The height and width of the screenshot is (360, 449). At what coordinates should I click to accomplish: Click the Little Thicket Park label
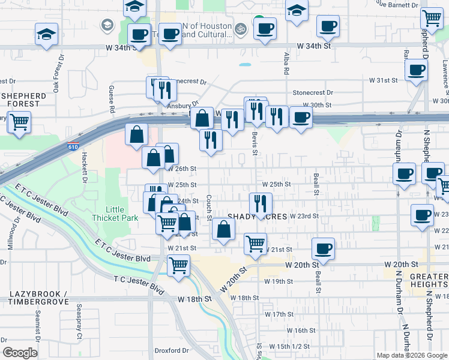107,214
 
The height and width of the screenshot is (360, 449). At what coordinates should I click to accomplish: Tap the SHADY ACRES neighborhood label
257,217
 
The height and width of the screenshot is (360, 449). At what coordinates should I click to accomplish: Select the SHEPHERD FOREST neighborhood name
23,100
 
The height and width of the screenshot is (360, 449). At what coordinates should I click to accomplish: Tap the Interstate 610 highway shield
73,147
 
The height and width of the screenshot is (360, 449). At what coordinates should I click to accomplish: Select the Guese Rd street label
112,98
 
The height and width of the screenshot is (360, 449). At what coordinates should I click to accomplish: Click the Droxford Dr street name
172,350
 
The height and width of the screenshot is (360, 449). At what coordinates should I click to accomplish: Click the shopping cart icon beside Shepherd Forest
19,122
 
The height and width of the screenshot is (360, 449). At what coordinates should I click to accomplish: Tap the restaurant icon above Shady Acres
261,203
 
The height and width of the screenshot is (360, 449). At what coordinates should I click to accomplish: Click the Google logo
20,353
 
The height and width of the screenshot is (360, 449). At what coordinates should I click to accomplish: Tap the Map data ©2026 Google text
411,355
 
